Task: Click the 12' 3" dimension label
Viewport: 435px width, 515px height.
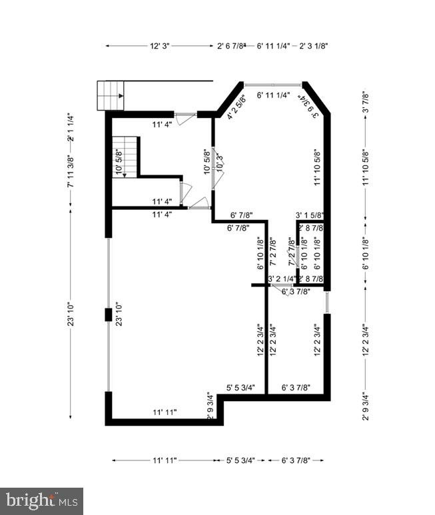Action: click(160, 46)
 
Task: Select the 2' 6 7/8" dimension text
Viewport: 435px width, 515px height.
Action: click(232, 46)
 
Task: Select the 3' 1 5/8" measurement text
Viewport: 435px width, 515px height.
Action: click(310, 215)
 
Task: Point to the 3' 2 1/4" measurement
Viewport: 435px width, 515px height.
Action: click(281, 278)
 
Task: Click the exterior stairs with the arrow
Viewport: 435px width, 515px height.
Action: click(111, 95)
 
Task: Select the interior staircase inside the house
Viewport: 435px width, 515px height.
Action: click(125, 157)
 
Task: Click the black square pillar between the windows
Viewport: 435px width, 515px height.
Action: click(107, 314)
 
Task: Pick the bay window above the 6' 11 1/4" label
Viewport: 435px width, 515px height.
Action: click(274, 85)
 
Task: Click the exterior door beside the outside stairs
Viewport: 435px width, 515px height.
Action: click(185, 117)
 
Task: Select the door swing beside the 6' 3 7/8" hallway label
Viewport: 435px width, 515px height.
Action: click(288, 290)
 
